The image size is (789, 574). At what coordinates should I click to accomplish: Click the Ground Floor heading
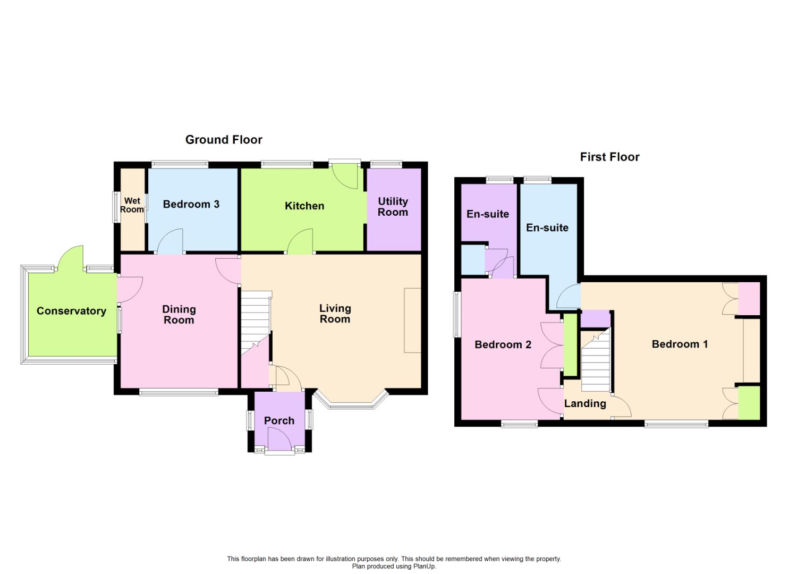(x=224, y=140)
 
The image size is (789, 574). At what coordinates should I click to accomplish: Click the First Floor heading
(x=610, y=157)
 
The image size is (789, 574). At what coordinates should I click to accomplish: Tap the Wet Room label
(x=132, y=205)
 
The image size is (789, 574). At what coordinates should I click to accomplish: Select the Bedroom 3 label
(x=191, y=205)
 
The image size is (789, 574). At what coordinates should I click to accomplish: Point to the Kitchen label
(x=304, y=206)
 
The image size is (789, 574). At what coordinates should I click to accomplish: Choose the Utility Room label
(x=393, y=207)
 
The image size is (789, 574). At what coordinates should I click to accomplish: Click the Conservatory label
(x=72, y=311)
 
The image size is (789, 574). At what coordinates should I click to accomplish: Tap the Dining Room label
(x=179, y=315)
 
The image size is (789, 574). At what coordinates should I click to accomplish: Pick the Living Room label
(x=335, y=314)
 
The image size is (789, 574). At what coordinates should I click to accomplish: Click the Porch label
(x=279, y=421)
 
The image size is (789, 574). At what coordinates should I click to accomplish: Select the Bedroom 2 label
(x=503, y=344)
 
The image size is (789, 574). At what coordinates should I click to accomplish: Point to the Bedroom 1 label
(x=680, y=344)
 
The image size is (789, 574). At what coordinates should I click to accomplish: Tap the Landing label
(x=585, y=404)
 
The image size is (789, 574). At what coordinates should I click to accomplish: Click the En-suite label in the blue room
(x=547, y=228)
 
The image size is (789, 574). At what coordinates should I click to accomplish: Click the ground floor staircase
(x=256, y=323)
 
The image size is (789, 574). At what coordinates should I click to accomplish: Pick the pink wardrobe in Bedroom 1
(x=749, y=299)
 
